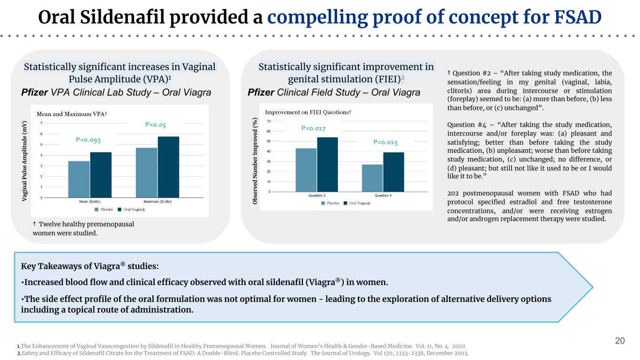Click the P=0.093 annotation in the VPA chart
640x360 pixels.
[x=88, y=140]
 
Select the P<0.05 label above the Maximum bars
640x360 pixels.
[x=156, y=125]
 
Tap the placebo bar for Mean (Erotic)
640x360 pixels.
[x=79, y=179]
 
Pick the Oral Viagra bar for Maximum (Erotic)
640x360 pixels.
[x=169, y=167]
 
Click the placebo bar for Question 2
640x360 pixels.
[x=306, y=170]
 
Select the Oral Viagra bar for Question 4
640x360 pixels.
[x=394, y=172]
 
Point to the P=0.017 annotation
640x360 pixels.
[x=313, y=128]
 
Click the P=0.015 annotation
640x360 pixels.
[x=385, y=142]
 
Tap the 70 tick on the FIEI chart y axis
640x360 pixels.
[x=269, y=121]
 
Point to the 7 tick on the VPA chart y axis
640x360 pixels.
[x=41, y=123]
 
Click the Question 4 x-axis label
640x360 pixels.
[x=383, y=195]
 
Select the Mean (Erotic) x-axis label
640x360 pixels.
[x=90, y=202]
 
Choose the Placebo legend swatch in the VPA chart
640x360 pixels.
[x=97, y=210]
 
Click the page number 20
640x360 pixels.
[x=620, y=341]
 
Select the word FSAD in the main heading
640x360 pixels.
[x=578, y=17]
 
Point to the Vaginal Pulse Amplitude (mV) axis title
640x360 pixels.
[x=24, y=161]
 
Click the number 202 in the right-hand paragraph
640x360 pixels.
[x=453, y=193]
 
